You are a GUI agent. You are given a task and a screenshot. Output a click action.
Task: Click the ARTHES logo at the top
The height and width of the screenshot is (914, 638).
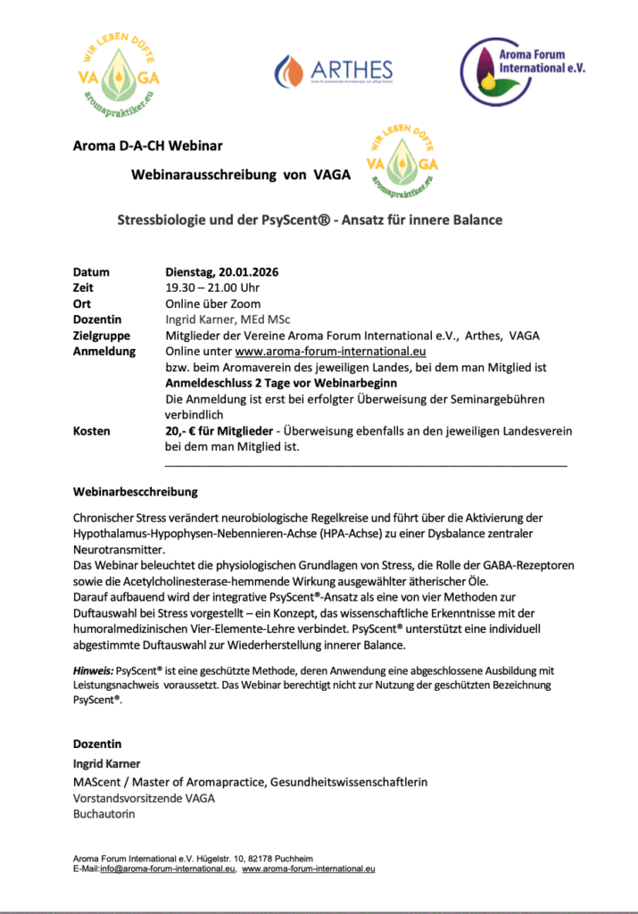[x=334, y=69]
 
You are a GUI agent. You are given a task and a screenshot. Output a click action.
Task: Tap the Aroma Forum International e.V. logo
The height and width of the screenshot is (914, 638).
[x=523, y=67]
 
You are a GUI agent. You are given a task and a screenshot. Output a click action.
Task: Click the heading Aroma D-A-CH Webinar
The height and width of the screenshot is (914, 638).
[x=147, y=145]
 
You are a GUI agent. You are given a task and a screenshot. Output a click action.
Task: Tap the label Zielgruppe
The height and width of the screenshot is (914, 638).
[x=102, y=336]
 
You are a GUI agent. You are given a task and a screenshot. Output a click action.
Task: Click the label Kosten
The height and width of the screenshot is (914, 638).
[x=92, y=430]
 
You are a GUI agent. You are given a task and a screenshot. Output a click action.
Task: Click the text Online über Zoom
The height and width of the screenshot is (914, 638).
[x=207, y=303]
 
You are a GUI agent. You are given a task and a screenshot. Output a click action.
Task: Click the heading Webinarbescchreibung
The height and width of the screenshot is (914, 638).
[x=136, y=492]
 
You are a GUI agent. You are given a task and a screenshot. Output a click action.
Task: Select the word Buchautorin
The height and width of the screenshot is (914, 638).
[x=104, y=814]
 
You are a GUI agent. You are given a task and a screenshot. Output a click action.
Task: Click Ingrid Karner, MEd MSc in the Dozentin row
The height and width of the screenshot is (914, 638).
[x=228, y=320]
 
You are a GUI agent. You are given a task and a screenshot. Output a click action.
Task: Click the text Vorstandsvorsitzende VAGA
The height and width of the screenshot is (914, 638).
[x=144, y=798]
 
